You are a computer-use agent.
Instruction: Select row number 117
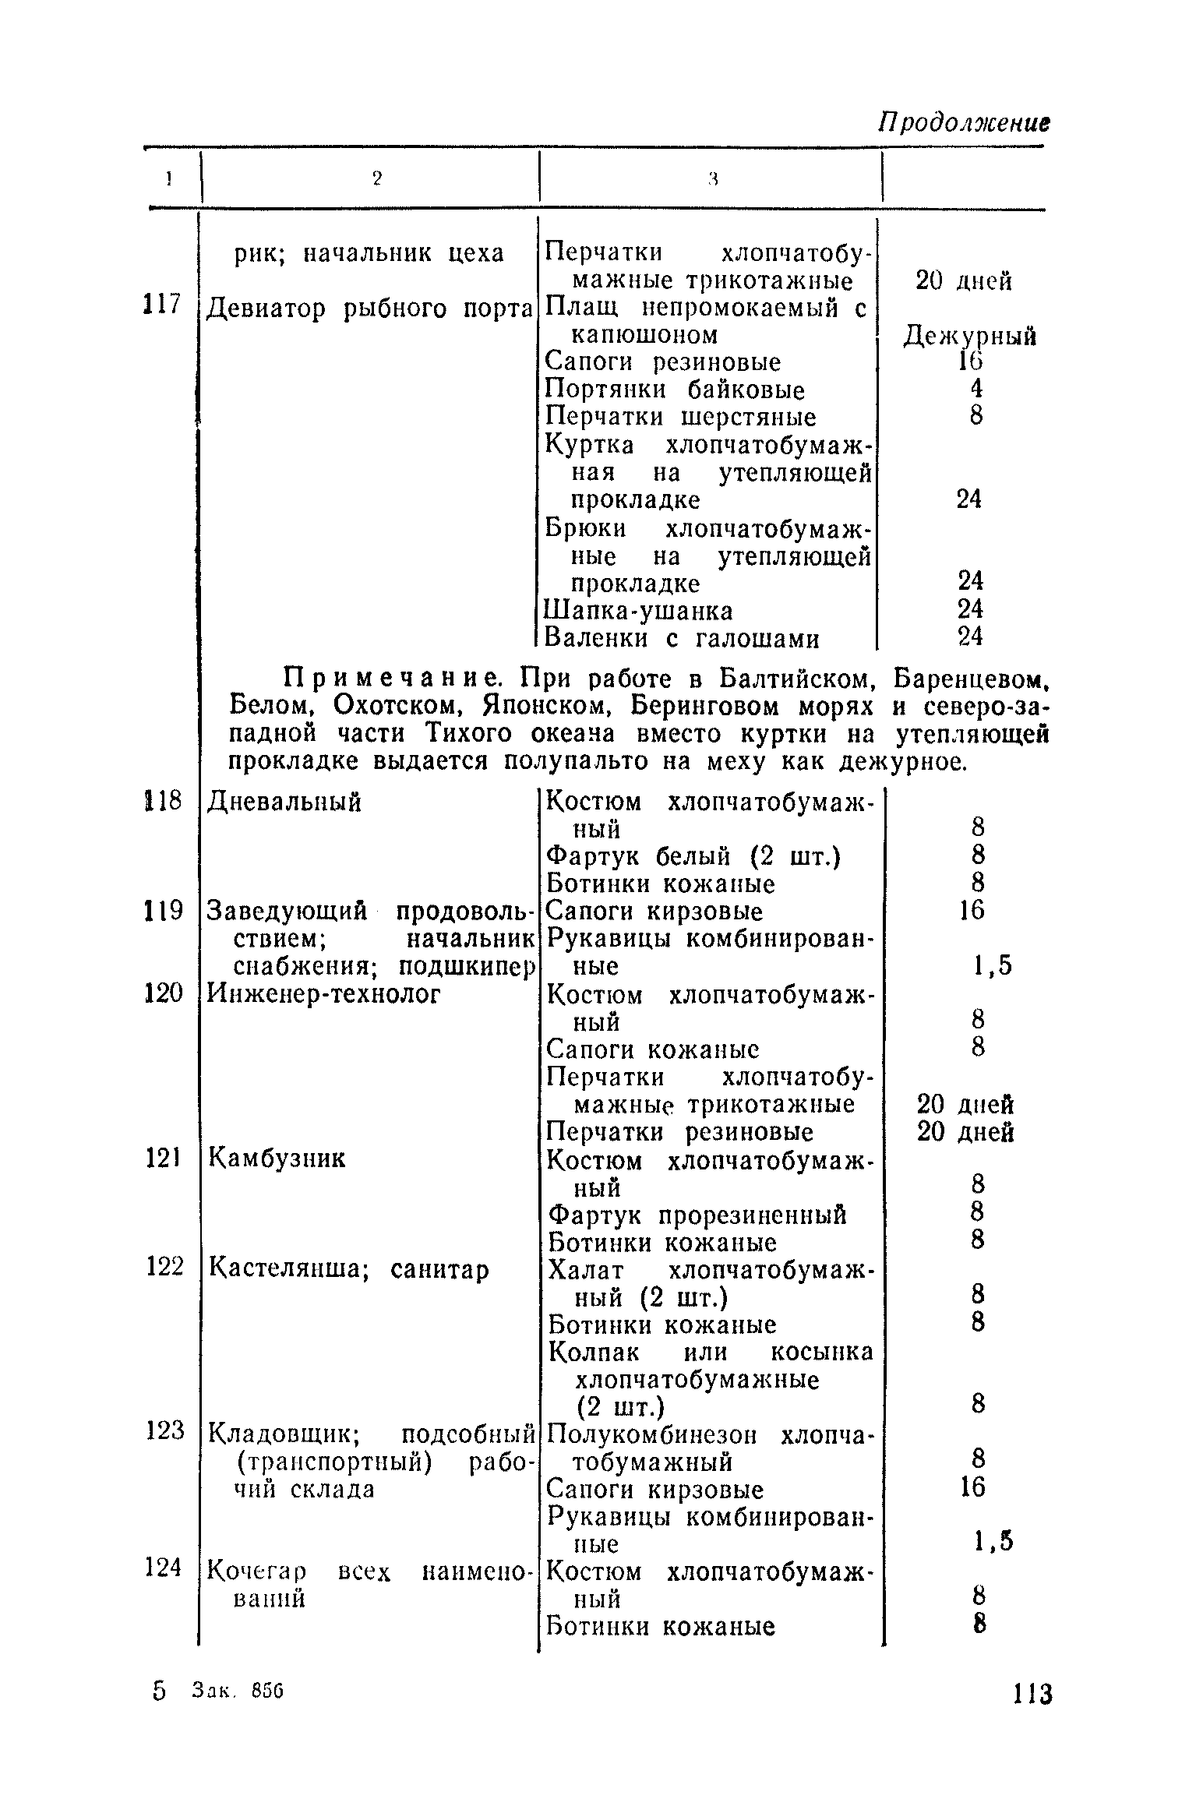coord(161,304)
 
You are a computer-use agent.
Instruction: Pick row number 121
coord(163,1159)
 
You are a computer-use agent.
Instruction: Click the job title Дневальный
coord(284,802)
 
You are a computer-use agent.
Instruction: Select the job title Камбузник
coord(277,1159)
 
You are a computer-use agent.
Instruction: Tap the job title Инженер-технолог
coord(324,994)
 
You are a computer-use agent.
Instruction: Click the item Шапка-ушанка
coord(639,610)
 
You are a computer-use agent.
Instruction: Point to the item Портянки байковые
coord(675,390)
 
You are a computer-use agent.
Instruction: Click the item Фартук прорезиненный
coord(698,1215)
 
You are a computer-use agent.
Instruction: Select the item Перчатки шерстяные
coord(681,418)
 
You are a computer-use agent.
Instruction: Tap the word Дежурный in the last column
coord(969,337)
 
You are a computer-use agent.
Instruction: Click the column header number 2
coord(377,179)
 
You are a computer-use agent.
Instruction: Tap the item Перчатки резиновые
coord(680,1132)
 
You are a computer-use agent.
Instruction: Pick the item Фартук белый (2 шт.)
coord(693,856)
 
